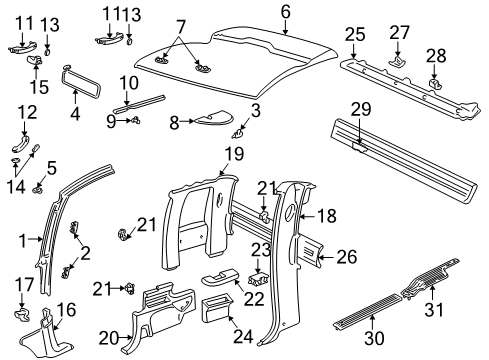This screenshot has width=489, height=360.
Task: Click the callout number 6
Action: (x=285, y=11)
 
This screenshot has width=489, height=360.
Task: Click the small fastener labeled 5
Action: (x=38, y=185)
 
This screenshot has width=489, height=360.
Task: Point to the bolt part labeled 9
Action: (x=132, y=121)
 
